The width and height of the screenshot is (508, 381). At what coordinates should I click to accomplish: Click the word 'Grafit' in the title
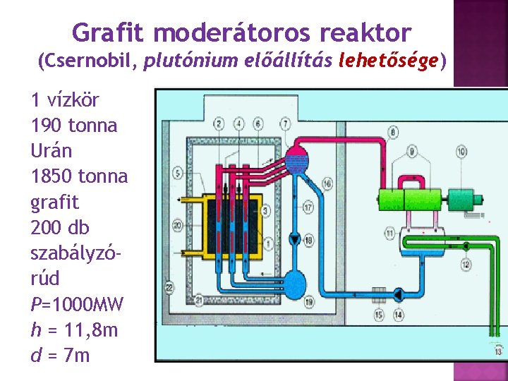coord(109,32)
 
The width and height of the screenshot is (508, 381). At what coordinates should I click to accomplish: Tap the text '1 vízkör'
coord(65,100)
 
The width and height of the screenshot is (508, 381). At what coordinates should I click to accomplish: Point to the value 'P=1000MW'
coord(78,305)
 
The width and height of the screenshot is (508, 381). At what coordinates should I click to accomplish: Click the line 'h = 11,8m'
coord(75,330)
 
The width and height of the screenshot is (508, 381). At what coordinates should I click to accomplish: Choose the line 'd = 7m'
coord(61,356)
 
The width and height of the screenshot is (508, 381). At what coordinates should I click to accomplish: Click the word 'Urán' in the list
coord(52,151)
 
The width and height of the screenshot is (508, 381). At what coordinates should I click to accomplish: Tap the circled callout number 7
coord(285,124)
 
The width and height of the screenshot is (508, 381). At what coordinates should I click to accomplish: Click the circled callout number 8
coord(392,131)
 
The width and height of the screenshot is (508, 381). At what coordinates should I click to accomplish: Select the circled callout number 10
coord(461,152)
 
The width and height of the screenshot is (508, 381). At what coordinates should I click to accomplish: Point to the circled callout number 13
coord(500,351)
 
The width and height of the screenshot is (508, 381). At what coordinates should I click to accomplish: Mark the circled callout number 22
coord(169,287)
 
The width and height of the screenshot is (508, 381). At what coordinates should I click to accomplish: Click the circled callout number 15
coord(379,315)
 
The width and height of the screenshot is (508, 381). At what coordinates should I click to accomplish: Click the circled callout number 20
coord(176,226)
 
